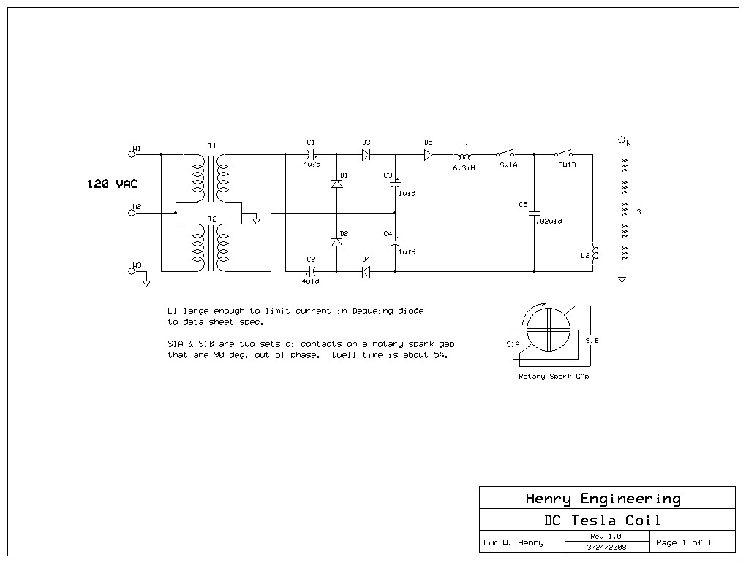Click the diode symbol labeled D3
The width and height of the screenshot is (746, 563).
click(366, 154)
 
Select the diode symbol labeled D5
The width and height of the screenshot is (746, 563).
click(428, 154)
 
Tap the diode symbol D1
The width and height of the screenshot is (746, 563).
click(337, 184)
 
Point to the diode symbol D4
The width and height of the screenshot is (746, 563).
click(366, 271)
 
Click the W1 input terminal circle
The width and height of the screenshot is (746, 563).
click(132, 154)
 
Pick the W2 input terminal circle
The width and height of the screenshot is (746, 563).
click(132, 213)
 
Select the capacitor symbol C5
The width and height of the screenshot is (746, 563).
click(534, 213)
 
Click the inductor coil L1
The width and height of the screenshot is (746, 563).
click(464, 156)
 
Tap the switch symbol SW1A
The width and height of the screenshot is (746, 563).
click(505, 153)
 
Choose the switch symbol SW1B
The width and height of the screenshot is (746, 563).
click(563, 153)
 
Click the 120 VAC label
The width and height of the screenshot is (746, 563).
click(113, 184)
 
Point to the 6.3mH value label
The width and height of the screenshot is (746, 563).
click(464, 167)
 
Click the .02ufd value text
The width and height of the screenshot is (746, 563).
click(549, 221)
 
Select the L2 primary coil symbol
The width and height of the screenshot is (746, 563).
click(595, 252)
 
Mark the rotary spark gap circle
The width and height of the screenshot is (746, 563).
click(548, 329)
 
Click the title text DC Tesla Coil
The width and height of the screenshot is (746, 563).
click(603, 520)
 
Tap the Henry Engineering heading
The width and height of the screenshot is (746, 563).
click(603, 499)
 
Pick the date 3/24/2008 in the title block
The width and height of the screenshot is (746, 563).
click(606, 547)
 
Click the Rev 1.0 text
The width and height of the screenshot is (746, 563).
click(606, 537)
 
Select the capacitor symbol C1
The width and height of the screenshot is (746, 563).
click(311, 154)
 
